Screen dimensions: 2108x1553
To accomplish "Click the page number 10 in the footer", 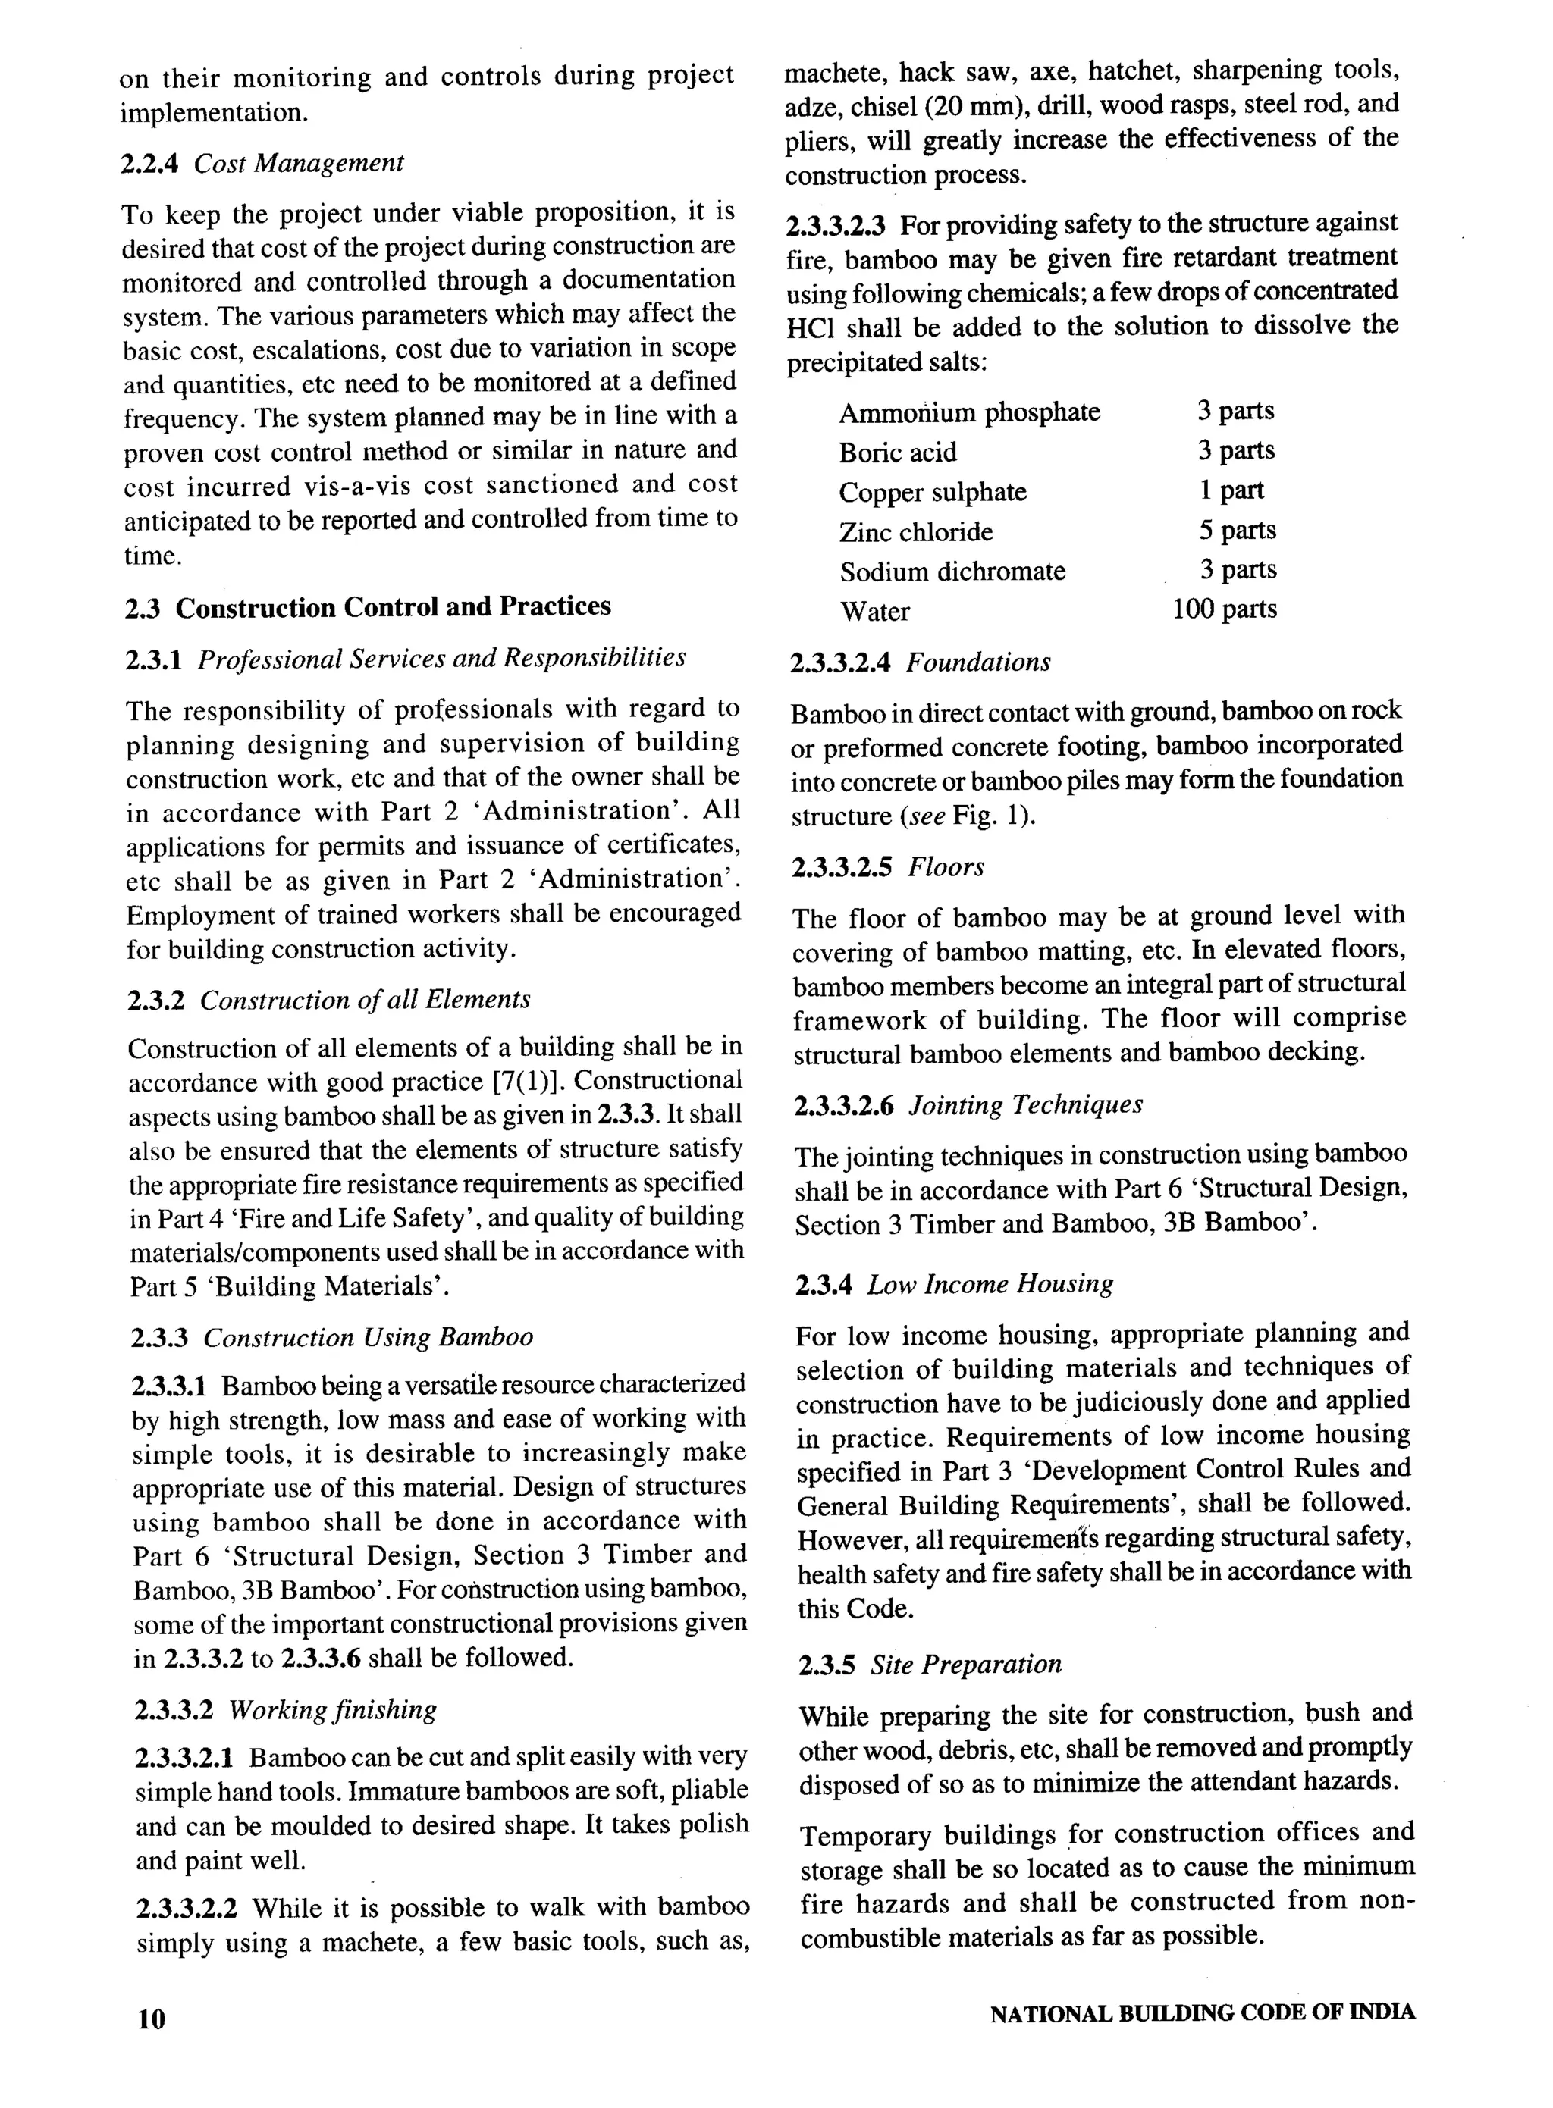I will coord(150,2018).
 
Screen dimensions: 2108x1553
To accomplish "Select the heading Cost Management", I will coord(299,164).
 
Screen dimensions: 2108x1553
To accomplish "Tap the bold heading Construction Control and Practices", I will coord(393,607).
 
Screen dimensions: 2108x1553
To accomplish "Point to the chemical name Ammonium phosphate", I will coord(968,412).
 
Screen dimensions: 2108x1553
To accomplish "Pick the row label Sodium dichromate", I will coord(952,572).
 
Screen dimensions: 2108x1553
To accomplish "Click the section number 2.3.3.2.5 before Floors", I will coord(843,866).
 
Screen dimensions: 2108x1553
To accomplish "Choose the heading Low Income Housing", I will coord(990,1284).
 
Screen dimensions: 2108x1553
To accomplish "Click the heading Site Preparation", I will coord(965,1665).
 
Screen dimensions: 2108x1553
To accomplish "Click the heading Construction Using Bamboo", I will coord(368,1336).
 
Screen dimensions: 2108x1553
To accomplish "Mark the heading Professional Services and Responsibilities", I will coord(441,658).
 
